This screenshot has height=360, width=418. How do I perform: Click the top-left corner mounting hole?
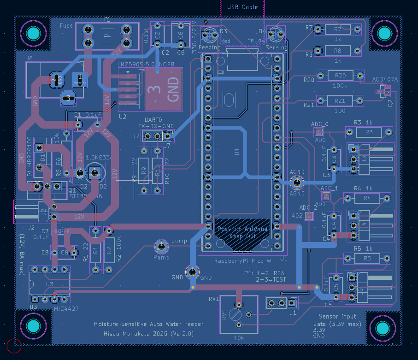pyautogui.click(x=33, y=34)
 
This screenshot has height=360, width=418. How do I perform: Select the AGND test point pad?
pyautogui.click(x=297, y=183)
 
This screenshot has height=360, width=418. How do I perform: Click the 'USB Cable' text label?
pyautogui.click(x=242, y=7)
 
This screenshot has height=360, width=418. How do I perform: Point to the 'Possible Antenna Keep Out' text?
pyautogui.click(x=242, y=232)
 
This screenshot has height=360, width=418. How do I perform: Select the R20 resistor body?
pyautogui.click(x=340, y=75)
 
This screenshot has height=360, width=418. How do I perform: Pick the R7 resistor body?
pyautogui.click(x=337, y=30)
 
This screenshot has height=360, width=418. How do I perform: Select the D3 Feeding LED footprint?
pyautogui.click(x=212, y=34)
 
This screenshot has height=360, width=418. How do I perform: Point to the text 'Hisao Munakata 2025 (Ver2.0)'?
pyautogui.click(x=148, y=333)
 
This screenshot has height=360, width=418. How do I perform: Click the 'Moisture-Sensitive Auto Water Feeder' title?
pyautogui.click(x=148, y=324)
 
